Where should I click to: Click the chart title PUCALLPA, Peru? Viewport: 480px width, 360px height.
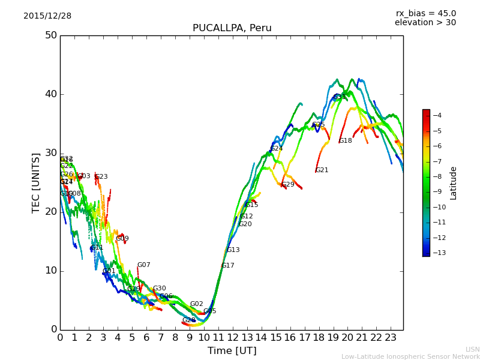click(x=232, y=28)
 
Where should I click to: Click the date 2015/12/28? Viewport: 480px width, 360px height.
click(x=47, y=16)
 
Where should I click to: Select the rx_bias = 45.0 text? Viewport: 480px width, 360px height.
click(x=425, y=13)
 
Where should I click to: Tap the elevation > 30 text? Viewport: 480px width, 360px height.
click(x=425, y=23)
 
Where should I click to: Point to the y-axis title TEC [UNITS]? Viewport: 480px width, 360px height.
click(x=36, y=182)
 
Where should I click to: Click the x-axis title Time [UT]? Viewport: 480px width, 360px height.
click(x=232, y=351)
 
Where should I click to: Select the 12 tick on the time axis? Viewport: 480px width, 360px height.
click(x=232, y=338)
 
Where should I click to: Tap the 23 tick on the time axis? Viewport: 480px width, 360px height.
click(x=391, y=338)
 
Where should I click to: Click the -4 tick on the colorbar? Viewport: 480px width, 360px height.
click(x=437, y=116)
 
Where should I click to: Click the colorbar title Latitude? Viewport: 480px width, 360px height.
click(x=454, y=183)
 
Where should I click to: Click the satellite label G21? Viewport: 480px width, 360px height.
click(x=322, y=170)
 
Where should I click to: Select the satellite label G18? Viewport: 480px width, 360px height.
click(x=346, y=141)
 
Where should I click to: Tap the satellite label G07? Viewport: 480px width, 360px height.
click(x=144, y=265)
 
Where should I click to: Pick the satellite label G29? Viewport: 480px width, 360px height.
click(x=288, y=185)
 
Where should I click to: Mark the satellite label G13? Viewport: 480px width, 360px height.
click(x=233, y=250)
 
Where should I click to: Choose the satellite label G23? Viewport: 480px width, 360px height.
click(x=101, y=177)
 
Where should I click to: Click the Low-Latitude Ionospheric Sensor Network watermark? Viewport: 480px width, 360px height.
click(x=410, y=357)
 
